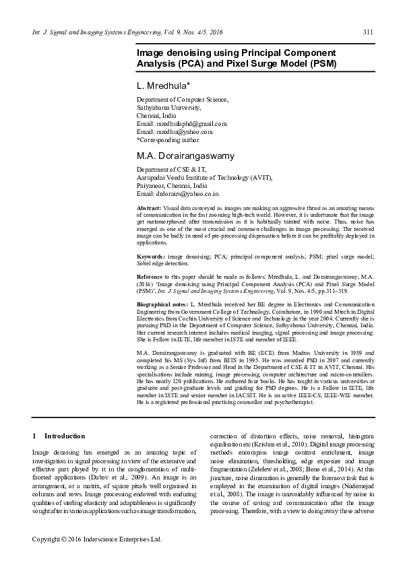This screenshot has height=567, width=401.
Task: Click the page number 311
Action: click(x=368, y=32)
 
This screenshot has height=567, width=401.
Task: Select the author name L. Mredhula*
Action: click(x=164, y=86)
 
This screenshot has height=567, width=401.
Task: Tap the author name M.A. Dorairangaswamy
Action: click(x=186, y=156)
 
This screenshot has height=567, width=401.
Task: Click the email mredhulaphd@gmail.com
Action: click(x=191, y=124)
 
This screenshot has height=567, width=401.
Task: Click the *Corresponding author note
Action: click(x=168, y=140)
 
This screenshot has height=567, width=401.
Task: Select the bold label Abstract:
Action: click(x=148, y=209)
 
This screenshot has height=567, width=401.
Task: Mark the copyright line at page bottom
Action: click(x=98, y=539)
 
